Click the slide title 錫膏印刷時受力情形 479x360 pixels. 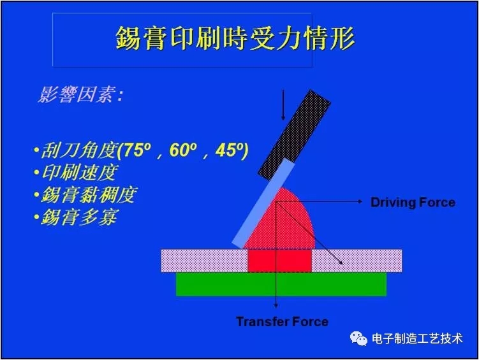coord(235,39)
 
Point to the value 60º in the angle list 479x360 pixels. coord(184,151)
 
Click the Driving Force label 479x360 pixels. coord(413,203)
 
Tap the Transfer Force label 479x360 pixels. coord(282,321)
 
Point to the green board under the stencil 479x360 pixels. coord(281,284)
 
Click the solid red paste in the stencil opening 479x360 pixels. coord(279,260)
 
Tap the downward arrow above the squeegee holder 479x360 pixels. coord(283,104)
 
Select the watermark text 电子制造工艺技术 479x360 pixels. coord(417,339)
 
